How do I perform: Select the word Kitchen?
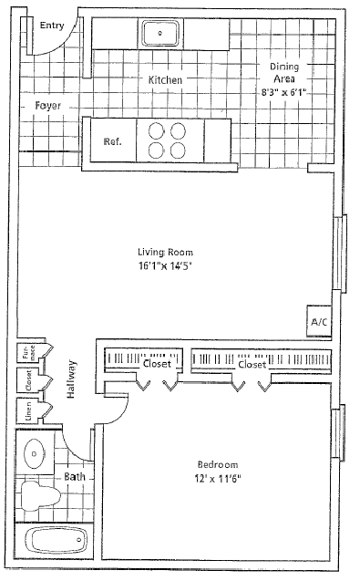point(165,80)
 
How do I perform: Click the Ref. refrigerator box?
point(111,141)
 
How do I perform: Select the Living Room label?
point(165,253)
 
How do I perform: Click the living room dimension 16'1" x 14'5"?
point(165,266)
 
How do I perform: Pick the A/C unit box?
point(319,322)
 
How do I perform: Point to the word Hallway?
point(71,375)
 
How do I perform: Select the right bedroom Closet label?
point(252,364)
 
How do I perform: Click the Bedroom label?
point(216,463)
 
